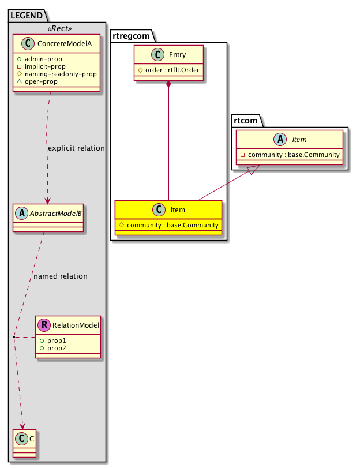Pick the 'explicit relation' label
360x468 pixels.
pos(76,148)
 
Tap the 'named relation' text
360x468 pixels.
pos(61,276)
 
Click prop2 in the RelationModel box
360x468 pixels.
pos(57,349)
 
